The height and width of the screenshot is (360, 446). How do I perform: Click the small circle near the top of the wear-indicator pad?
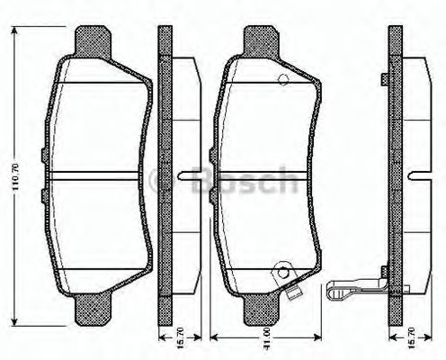283,80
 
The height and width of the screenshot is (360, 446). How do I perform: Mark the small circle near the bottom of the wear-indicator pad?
283,270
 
